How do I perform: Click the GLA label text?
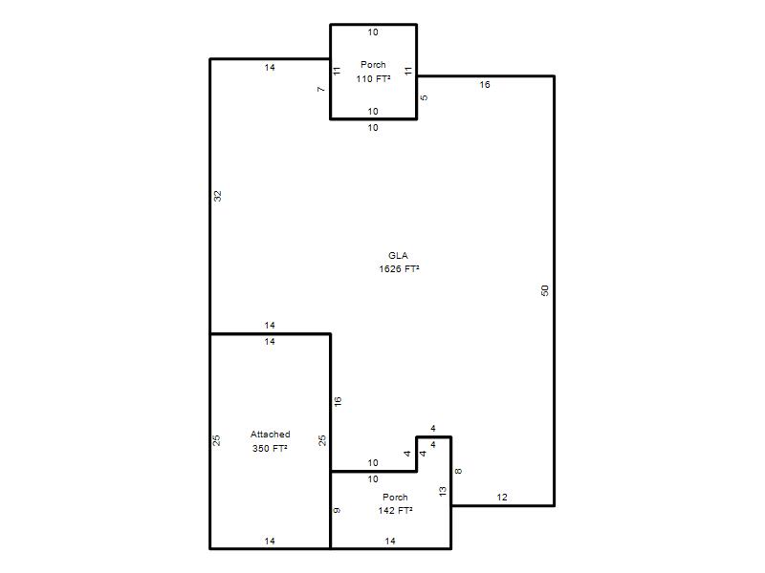click(x=398, y=255)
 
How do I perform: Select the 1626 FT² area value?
click(x=399, y=269)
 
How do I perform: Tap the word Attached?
click(x=271, y=435)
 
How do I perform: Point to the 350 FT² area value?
click(x=270, y=448)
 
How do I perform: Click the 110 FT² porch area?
click(x=373, y=79)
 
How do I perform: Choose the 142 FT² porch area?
click(x=395, y=511)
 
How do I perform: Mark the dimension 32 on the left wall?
click(x=218, y=196)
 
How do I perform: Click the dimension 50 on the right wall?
click(x=545, y=290)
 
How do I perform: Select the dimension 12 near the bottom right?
click(x=502, y=497)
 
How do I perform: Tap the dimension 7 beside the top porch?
click(x=320, y=89)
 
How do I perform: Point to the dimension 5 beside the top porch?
click(x=424, y=97)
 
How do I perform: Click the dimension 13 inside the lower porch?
click(x=443, y=492)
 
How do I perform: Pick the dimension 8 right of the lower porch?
click(x=458, y=471)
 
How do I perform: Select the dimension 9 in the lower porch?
click(x=337, y=510)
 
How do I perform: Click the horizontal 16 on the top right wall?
click(x=485, y=85)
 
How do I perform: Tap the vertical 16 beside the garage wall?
click(x=338, y=401)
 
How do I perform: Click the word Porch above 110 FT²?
click(x=373, y=64)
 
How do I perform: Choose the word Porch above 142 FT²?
click(x=395, y=497)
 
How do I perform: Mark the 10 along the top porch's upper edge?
click(x=373, y=32)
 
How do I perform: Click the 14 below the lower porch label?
click(x=390, y=541)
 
